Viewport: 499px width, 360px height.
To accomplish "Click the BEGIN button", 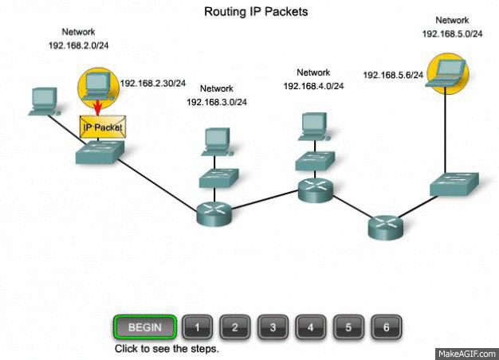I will pos(144,327).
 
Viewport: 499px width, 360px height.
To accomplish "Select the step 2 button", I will pos(234,327).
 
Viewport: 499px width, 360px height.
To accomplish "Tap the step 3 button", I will pos(272,327).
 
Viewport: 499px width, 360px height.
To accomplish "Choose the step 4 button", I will pos(310,327).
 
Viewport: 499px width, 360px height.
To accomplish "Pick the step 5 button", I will pos(348,327).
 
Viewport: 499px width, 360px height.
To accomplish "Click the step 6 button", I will pos(386,327).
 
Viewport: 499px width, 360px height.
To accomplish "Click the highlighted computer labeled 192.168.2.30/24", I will pos(98,84).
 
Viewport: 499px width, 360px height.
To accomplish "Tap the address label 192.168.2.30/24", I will pos(153,83).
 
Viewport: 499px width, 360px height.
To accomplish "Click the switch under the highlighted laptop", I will pos(454,183).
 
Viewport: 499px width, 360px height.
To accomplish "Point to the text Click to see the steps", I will pos(167,349).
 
